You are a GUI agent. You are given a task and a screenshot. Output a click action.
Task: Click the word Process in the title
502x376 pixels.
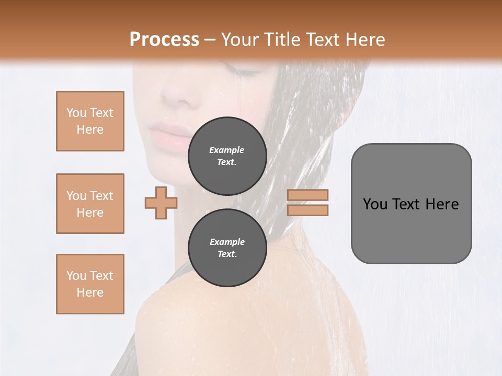(164, 40)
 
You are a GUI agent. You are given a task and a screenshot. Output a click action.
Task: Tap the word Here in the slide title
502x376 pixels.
(363, 40)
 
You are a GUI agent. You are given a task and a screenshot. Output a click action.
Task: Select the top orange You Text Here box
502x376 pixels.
(90, 121)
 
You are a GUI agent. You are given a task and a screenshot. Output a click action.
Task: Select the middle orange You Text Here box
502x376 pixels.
(90, 204)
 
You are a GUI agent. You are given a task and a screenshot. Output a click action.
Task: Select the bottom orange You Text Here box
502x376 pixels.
(90, 284)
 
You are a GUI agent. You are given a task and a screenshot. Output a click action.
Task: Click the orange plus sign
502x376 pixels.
(161, 203)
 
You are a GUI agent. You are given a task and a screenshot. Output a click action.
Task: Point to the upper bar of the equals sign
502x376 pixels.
(307, 195)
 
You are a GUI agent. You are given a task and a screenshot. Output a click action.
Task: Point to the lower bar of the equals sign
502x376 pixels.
(307, 210)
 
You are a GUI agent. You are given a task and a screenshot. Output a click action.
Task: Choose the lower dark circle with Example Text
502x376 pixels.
(227, 248)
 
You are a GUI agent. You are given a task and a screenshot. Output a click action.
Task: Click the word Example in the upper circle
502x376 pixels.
(226, 150)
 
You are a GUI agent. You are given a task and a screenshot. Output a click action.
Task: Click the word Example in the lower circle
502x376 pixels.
(227, 242)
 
